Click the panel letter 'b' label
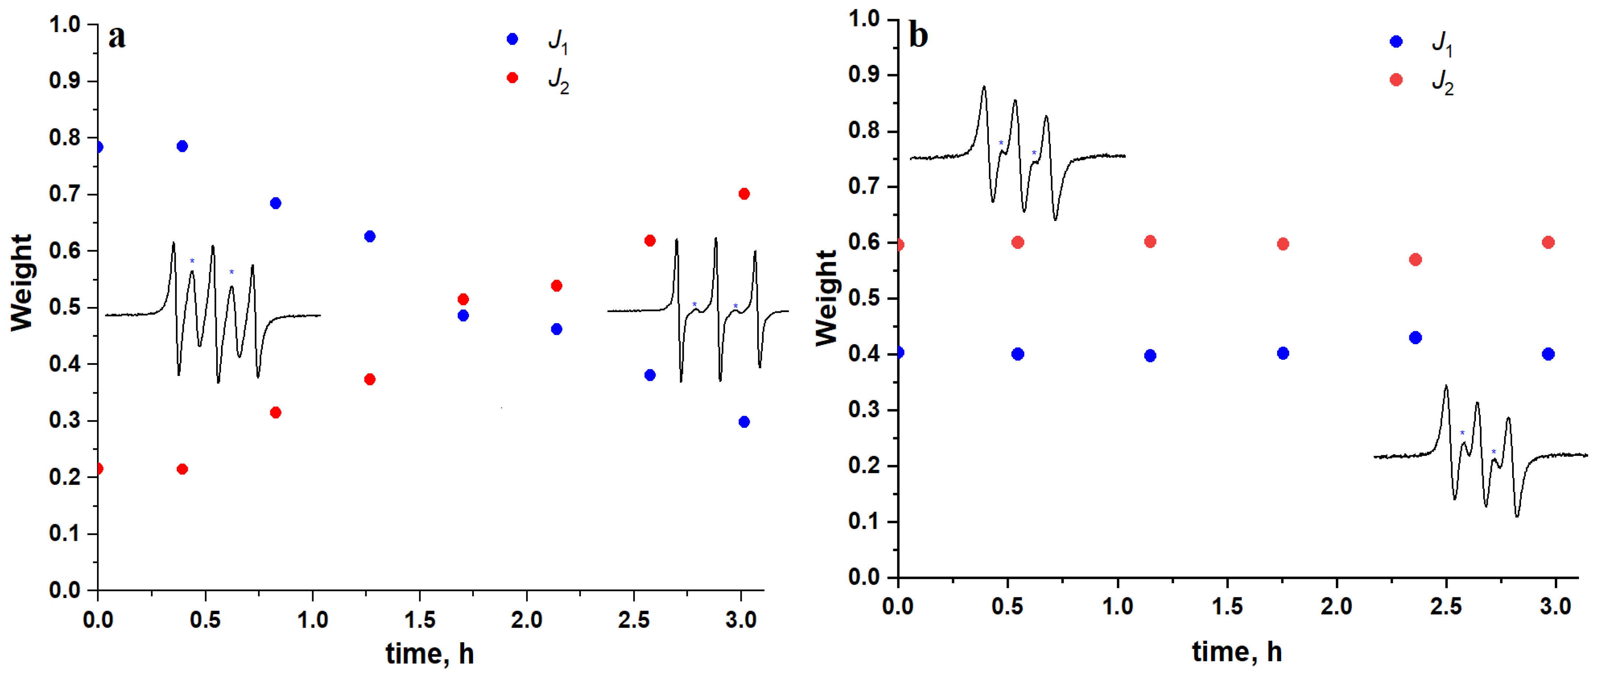(918, 35)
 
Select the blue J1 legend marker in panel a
(512, 39)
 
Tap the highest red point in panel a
(744, 194)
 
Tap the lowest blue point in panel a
(744, 422)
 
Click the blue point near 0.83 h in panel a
(276, 203)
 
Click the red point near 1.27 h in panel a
(369, 379)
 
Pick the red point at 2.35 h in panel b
(1415, 260)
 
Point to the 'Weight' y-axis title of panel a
(22, 283)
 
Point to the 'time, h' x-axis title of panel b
(1237, 651)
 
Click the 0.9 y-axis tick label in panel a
(65, 81)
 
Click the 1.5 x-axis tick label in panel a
(420, 619)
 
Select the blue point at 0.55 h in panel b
(1017, 354)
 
